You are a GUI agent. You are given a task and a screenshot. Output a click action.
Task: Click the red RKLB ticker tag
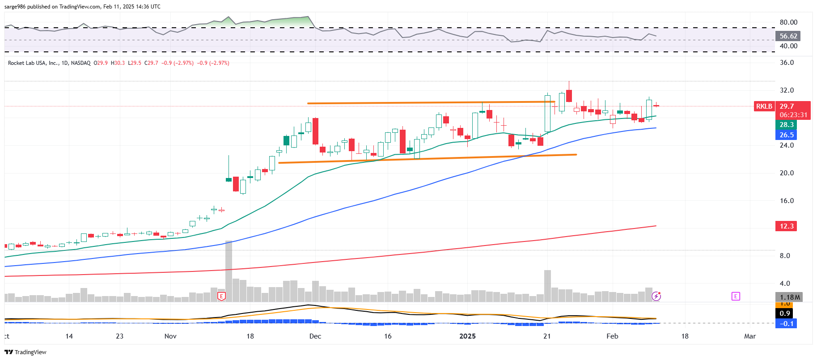click(x=764, y=106)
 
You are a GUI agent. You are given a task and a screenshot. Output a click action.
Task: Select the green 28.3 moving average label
click(x=787, y=125)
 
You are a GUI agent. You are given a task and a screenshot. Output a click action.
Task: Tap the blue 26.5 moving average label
click(x=787, y=135)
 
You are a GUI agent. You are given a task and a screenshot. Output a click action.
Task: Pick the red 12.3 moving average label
click(x=786, y=226)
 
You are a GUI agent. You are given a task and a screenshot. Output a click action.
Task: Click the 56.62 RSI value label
click(x=788, y=36)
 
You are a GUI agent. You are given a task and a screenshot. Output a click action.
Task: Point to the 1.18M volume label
click(x=789, y=297)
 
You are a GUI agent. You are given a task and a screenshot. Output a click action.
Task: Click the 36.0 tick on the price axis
click(x=787, y=63)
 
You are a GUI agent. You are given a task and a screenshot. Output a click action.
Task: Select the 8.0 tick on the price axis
click(x=785, y=256)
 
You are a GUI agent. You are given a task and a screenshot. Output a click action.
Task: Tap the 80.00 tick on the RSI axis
click(x=788, y=22)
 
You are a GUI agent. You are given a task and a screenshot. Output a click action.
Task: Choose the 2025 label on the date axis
click(x=468, y=336)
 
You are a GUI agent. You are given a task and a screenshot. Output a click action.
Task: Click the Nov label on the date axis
click(x=170, y=336)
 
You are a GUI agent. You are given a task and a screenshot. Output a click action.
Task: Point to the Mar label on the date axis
click(x=750, y=336)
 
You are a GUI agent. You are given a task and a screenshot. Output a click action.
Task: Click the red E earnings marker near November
click(x=221, y=296)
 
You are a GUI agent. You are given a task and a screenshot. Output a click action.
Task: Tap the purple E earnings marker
click(x=736, y=296)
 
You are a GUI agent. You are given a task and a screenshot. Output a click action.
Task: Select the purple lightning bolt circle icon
click(x=656, y=296)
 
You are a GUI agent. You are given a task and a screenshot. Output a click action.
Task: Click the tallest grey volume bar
click(x=229, y=271)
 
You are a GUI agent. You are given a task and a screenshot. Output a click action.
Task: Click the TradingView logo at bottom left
click(x=25, y=352)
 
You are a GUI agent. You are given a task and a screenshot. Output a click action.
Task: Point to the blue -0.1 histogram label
click(x=787, y=324)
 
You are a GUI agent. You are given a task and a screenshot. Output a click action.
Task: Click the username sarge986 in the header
click(x=15, y=7)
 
